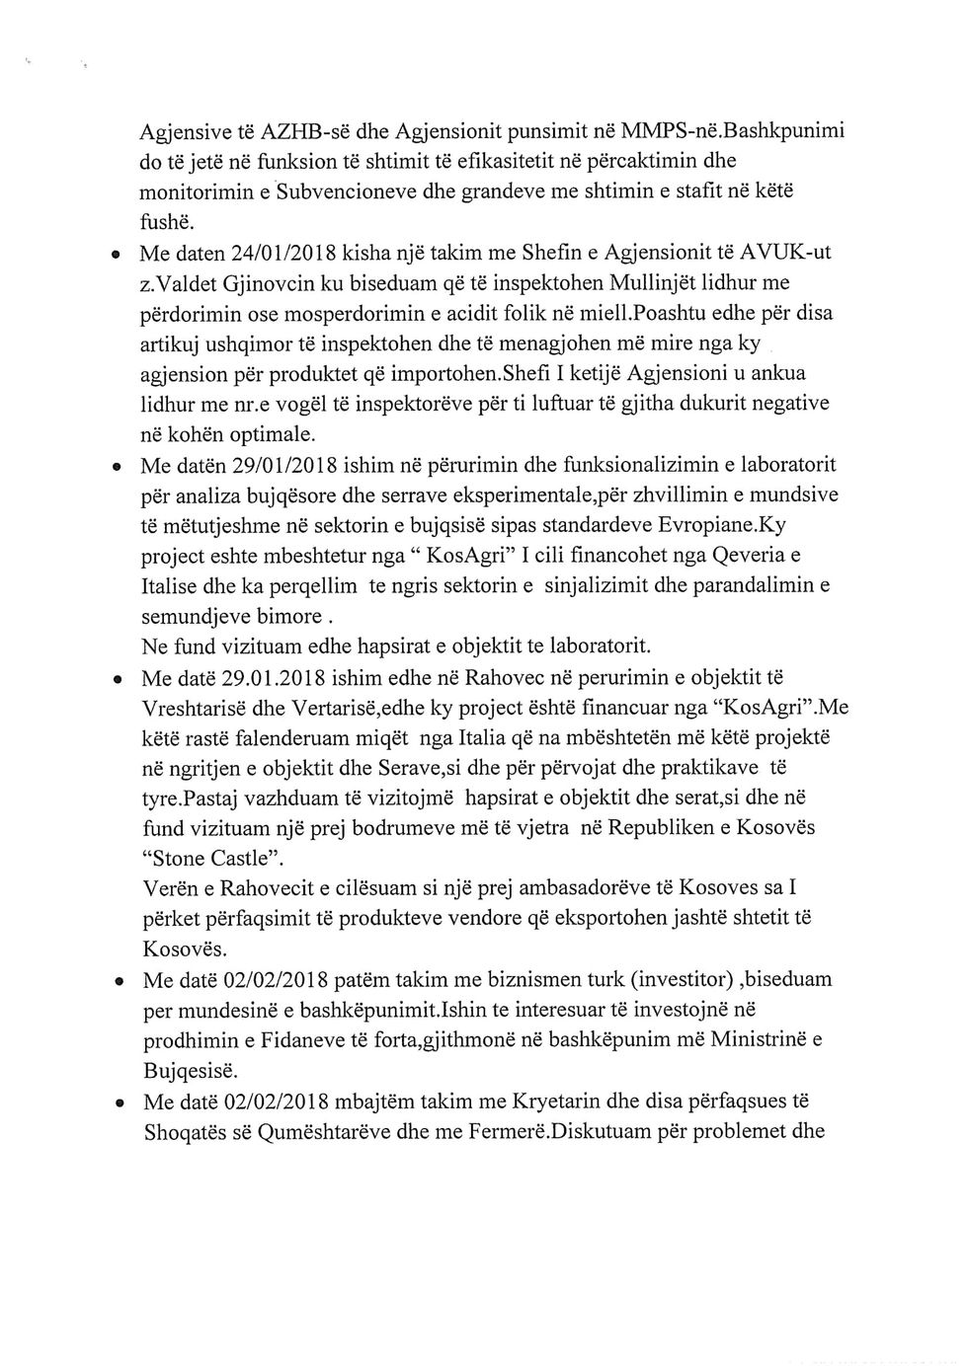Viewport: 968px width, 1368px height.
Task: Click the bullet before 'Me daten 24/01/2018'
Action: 117,254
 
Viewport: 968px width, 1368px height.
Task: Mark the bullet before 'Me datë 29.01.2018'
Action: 117,680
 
